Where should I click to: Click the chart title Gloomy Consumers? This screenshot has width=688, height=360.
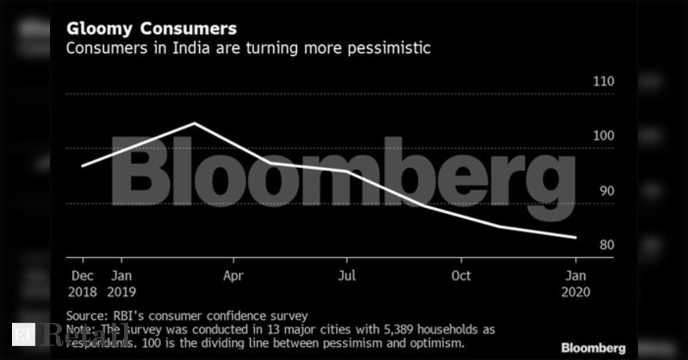point(151,29)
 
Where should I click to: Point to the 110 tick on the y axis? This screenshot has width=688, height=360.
point(603,82)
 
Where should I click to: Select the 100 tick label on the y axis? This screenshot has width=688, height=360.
point(603,136)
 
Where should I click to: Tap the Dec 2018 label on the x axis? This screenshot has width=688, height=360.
point(82,284)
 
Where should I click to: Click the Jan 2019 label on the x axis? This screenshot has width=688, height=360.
point(121,284)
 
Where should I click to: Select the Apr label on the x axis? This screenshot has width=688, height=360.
point(234,276)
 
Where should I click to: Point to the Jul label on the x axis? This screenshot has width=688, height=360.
point(347,276)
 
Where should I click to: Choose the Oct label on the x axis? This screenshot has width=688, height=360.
point(460,276)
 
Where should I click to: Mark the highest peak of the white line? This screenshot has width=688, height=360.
point(195,123)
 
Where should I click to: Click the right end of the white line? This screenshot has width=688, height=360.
point(576,237)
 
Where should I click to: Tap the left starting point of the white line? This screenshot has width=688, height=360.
point(83,166)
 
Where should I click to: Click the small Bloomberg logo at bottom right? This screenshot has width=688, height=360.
point(593,348)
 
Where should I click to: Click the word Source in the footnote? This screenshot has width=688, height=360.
point(83,316)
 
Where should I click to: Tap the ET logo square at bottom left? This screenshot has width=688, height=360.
point(23,334)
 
